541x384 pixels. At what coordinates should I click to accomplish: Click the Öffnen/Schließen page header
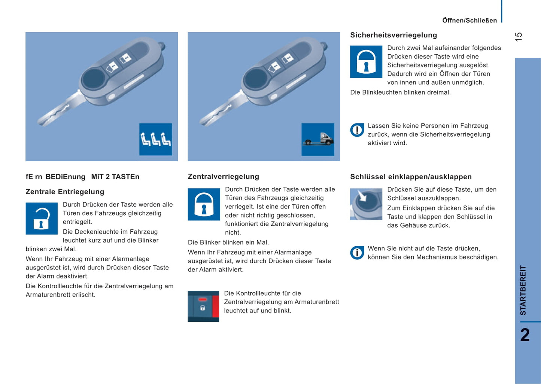coord(469,21)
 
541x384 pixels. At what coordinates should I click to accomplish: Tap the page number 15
coord(519,37)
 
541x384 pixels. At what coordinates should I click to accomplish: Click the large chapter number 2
coord(525,335)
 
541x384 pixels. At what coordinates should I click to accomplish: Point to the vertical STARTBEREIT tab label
coord(523,290)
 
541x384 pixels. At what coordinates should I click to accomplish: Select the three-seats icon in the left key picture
coord(156,139)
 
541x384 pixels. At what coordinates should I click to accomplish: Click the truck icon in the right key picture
coord(318,139)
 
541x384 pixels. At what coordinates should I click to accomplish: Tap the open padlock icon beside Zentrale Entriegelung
coord(42,219)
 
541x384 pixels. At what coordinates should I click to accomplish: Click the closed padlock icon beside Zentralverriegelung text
coord(204,204)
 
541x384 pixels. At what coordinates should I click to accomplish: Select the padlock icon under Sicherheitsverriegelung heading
coord(366,62)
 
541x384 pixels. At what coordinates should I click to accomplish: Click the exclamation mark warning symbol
coord(357,130)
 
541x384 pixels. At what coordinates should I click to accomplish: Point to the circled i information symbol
coord(357,253)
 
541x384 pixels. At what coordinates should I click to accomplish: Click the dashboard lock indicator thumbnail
coord(203,306)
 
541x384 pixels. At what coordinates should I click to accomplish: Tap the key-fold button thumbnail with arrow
coord(366,204)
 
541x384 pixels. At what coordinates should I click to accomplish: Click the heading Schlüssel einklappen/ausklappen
coord(411,177)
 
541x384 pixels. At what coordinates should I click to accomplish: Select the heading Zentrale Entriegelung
coord(65,192)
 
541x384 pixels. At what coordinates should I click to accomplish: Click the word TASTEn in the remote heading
coord(125,177)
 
